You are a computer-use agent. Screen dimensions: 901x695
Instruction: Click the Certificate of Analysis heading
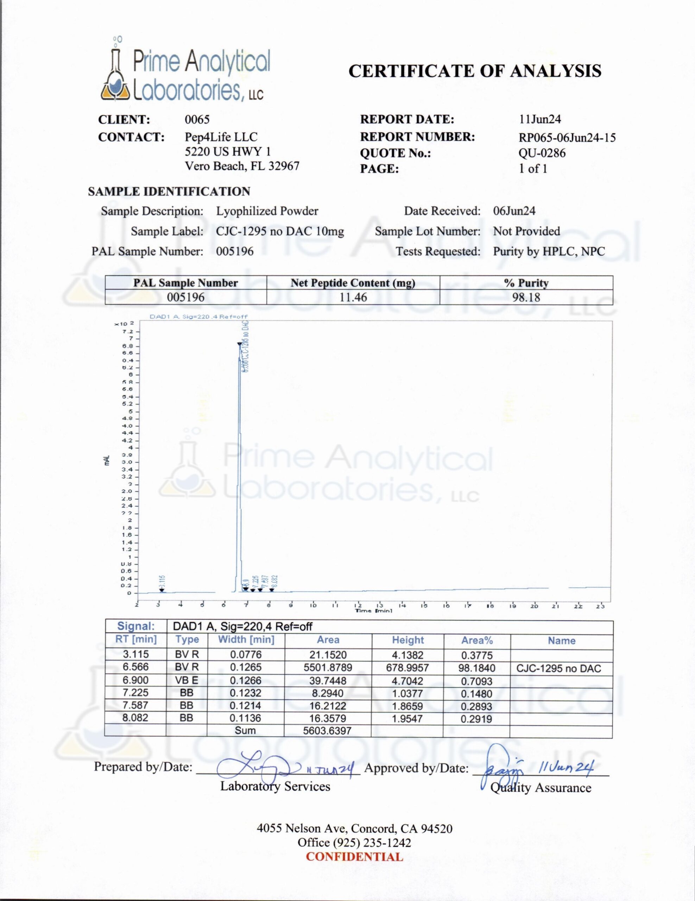475,71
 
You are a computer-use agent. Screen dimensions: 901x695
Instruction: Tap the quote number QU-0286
542,153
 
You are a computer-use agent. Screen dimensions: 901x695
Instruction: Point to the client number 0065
197,120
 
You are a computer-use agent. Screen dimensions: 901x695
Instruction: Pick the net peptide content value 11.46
353,297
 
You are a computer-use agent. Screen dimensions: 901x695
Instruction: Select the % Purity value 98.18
526,297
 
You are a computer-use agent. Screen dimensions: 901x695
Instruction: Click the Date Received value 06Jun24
514,211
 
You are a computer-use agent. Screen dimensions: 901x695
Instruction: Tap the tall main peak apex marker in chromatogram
239,343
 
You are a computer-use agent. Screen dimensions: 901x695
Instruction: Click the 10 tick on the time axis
313,606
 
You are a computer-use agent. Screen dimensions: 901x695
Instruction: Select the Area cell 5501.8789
328,667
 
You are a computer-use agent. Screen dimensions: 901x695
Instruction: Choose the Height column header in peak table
407,640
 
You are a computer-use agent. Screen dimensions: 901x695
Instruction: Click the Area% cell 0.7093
476,681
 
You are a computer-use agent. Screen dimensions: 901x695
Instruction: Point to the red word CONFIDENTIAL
354,857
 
